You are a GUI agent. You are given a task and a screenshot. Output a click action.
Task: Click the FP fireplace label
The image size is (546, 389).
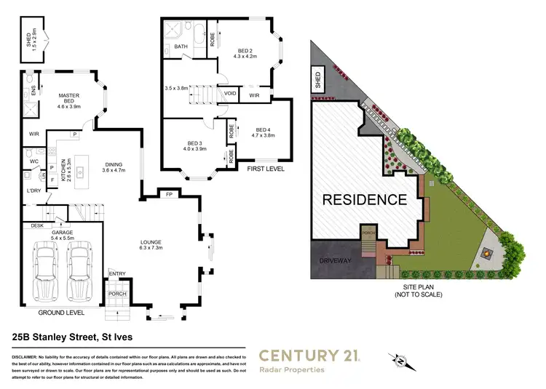pyautogui.click(x=168, y=195)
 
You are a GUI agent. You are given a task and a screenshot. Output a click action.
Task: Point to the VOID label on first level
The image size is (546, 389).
pyautogui.click(x=230, y=94)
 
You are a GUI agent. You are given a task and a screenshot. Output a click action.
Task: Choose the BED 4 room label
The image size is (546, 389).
pyautogui.click(x=263, y=130)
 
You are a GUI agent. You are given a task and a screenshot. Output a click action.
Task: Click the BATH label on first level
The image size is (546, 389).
pyautogui.click(x=181, y=47)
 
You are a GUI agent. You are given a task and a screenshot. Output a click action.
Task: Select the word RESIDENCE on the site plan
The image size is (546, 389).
pyautogui.click(x=365, y=198)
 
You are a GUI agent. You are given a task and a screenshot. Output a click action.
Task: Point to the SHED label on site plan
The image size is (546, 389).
pyautogui.click(x=317, y=79)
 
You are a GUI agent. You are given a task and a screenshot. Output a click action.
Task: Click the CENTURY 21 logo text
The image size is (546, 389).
pyautogui.click(x=313, y=356)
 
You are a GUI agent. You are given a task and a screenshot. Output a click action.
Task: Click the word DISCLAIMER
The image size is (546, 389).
pyautogui.click(x=28, y=358)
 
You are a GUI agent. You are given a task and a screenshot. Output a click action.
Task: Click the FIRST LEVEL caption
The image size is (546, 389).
pyautogui.click(x=266, y=169)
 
